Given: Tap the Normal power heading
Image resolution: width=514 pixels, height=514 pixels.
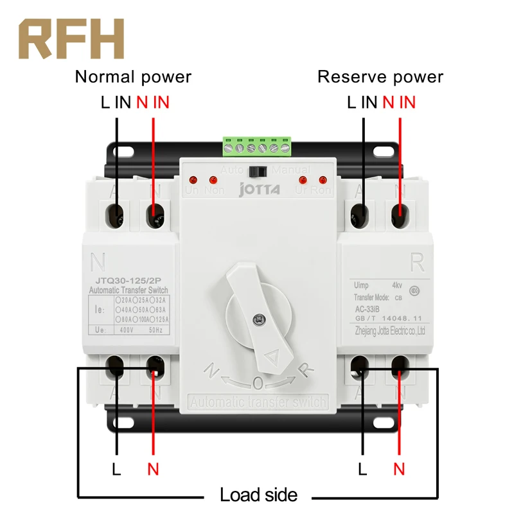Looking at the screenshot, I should pyautogui.click(x=133, y=77).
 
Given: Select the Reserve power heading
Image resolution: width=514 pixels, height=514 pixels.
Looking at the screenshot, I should pyautogui.click(x=380, y=77).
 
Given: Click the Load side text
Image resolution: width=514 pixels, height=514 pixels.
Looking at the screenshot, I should pyautogui.click(x=258, y=495).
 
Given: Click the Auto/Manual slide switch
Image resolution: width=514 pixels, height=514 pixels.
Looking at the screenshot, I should pyautogui.click(x=258, y=172).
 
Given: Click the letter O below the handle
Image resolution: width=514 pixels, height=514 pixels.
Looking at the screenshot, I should pyautogui.click(x=258, y=384).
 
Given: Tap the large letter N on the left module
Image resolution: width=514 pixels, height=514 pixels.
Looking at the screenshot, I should pyautogui.click(x=98, y=261).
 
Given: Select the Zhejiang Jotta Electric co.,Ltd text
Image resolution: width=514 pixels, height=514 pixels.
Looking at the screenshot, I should pyautogui.click(x=389, y=330).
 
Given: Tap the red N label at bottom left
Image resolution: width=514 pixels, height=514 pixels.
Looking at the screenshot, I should pyautogui.click(x=153, y=469).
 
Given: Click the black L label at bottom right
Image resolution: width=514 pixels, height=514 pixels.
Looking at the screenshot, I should pyautogui.click(x=363, y=469).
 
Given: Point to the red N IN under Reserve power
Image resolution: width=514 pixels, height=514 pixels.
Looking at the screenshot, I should pyautogui.click(x=399, y=102).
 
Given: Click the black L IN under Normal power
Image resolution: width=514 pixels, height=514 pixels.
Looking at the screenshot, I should pyautogui.click(x=115, y=102).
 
